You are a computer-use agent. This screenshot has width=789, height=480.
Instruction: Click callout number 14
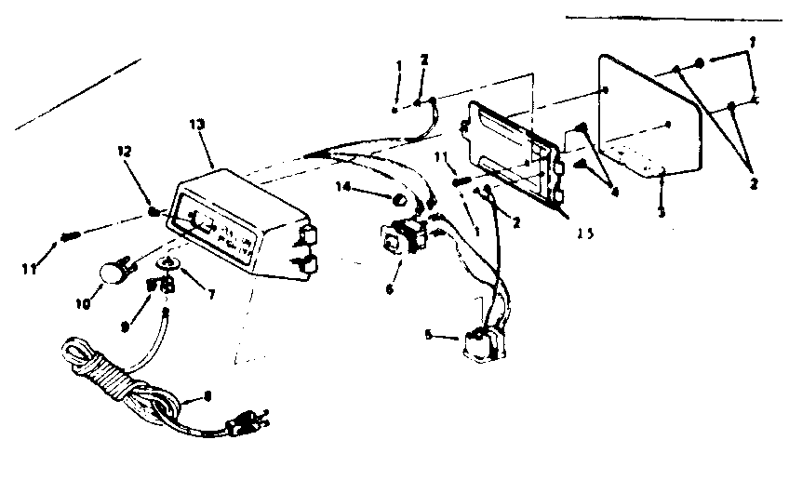(x=345, y=187)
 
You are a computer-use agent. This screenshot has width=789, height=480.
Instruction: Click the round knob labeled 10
(x=112, y=273)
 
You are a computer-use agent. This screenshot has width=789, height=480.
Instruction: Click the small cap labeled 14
(x=396, y=198)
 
